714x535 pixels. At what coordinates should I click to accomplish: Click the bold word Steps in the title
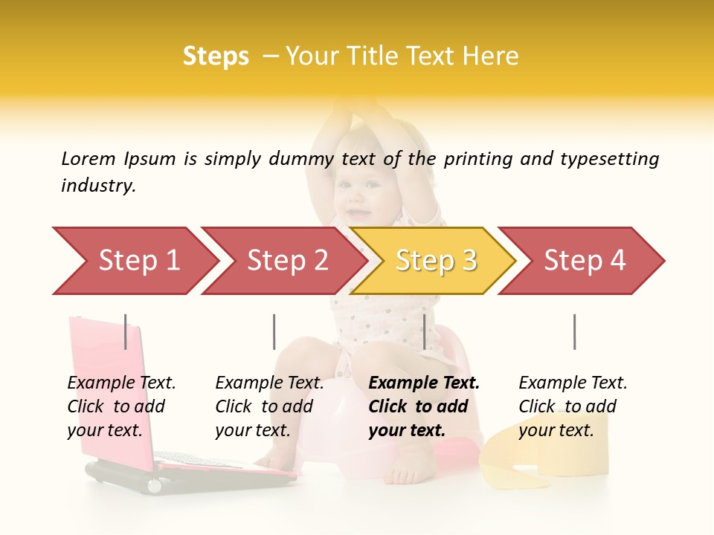[x=216, y=56]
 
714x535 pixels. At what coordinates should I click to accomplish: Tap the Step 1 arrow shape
[x=134, y=261]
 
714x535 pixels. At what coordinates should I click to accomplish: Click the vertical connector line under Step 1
[x=125, y=331]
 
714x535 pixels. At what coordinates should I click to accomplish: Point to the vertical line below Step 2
[x=274, y=331]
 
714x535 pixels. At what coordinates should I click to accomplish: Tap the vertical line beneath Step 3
[x=424, y=331]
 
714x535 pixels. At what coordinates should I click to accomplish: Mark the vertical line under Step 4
[x=574, y=331]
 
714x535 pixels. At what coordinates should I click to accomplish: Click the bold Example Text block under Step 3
[x=424, y=406]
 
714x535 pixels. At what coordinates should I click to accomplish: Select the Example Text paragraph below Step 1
[x=121, y=406]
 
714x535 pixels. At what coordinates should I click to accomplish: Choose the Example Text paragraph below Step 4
[x=573, y=406]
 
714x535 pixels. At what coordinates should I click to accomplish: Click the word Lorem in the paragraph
[x=89, y=158]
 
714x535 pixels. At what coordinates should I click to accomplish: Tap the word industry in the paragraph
[x=97, y=186]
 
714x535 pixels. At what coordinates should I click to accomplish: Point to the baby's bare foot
[x=405, y=472]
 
